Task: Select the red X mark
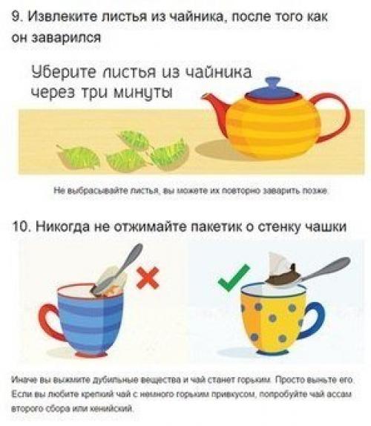148,278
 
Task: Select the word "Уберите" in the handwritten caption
61,73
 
